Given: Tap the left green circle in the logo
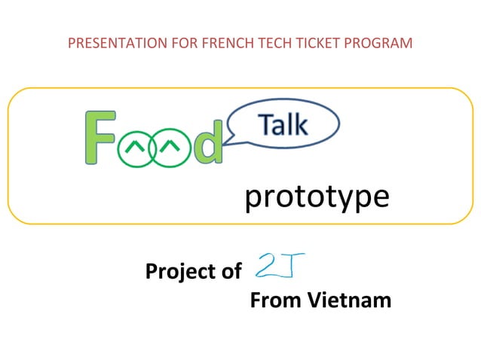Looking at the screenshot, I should coord(136,147).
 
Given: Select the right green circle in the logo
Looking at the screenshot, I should coord(171,147).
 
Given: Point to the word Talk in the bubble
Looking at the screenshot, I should coord(283,124).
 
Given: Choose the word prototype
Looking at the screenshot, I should coord(317,197).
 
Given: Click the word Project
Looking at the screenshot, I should coord(178,271).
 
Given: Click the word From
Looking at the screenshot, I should coord(275,301).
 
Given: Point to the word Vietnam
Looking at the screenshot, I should coord(351,301).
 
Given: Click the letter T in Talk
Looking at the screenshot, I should coord(266,124).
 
